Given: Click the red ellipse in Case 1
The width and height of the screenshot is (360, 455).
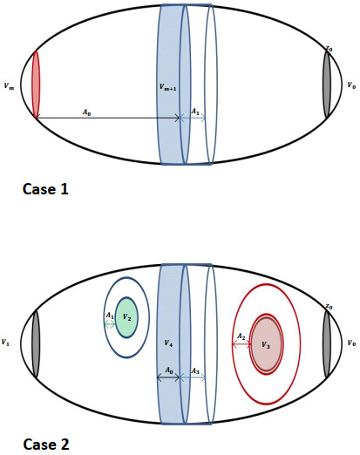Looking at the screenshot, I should (x=36, y=85).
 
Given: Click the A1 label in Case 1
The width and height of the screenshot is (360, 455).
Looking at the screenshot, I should (x=195, y=112).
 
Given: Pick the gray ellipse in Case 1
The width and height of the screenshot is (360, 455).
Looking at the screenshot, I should (x=326, y=84).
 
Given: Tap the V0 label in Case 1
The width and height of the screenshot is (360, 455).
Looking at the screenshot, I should (x=350, y=86).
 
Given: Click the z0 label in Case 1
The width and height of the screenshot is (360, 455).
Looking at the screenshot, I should (x=329, y=49).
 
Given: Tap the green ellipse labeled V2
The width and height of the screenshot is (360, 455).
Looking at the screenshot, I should (x=127, y=317).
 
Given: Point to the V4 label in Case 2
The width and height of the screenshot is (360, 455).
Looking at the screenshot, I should (x=169, y=343).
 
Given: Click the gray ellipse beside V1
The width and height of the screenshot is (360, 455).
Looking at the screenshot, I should (x=35, y=343).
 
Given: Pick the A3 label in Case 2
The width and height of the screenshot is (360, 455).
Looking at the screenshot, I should (x=195, y=371).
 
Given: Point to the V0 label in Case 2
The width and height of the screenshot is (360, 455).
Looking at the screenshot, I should (x=350, y=343).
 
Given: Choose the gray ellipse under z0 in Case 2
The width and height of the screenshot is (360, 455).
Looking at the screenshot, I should (x=327, y=343).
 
